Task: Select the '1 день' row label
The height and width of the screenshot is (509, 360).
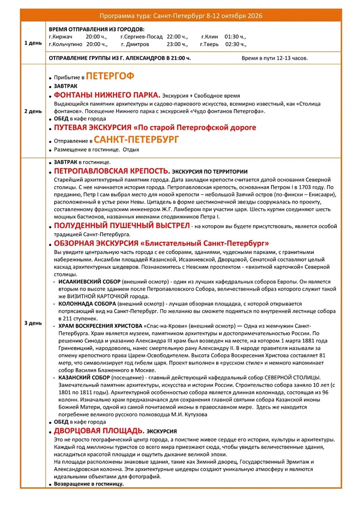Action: pos(33,43)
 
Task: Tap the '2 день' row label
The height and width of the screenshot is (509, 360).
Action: pos(33,111)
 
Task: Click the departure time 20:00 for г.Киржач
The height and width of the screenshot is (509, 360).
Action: pos(96,37)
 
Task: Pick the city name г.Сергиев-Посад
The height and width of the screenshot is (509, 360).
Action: pos(141,37)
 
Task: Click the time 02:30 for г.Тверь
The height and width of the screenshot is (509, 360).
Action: pos(236,44)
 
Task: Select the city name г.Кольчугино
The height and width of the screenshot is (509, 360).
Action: pos(66,44)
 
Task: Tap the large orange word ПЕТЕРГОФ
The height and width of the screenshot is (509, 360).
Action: pos(110,77)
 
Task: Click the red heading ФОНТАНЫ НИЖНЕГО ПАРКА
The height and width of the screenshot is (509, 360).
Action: pos(106,96)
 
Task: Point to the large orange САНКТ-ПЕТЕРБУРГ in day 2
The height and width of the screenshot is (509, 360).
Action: pos(136,140)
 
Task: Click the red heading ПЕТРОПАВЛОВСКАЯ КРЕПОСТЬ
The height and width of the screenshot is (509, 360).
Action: pos(112,171)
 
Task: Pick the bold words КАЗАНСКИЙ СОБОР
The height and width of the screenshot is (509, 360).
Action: pos(82,378)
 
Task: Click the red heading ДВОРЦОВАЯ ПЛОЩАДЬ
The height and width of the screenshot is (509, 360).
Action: pos(99,430)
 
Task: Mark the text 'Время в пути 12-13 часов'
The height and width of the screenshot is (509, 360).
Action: pos(275,58)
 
